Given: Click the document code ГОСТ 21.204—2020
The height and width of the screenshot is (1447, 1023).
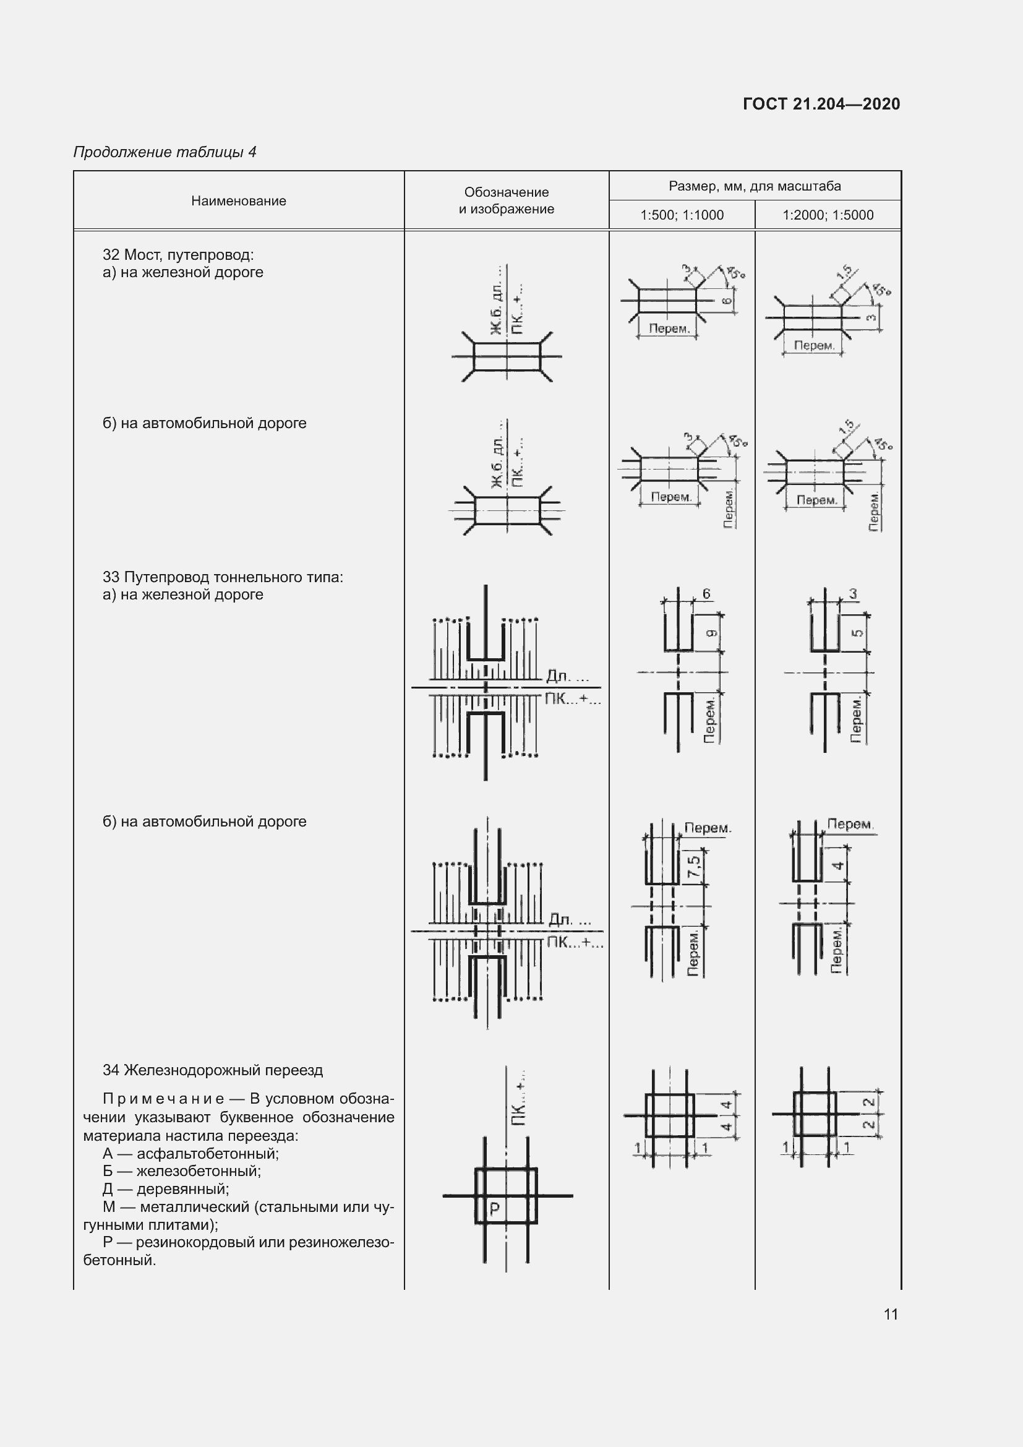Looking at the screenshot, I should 821,104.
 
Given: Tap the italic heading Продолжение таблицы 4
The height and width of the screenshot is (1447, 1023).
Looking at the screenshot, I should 165,152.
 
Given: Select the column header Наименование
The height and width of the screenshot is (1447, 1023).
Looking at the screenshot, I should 238,201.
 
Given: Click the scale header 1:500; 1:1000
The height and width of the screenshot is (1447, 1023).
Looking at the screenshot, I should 682,215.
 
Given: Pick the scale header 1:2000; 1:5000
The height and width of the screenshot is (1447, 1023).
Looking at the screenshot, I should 828,215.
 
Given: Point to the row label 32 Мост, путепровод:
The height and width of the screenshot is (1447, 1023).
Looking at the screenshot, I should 178,255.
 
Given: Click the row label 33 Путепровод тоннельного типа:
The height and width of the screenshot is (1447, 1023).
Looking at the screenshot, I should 223,577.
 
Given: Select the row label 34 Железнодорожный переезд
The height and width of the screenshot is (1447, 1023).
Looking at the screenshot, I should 212,1070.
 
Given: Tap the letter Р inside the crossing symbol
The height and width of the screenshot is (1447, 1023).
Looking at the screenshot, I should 495,1208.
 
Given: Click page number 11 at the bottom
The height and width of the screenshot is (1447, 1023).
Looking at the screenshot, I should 890,1314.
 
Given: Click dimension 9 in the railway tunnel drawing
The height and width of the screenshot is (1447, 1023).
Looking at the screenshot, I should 711,633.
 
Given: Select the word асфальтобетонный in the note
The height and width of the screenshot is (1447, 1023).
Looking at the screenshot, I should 207,1153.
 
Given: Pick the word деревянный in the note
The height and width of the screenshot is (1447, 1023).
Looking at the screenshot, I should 182,1188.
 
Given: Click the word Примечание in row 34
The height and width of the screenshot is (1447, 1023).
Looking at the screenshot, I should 163,1099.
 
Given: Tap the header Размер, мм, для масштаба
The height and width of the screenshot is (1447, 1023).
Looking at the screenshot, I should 755,186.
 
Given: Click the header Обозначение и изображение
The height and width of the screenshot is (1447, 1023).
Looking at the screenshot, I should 507,200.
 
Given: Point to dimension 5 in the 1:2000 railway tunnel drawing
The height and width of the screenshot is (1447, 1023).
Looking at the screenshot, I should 857,632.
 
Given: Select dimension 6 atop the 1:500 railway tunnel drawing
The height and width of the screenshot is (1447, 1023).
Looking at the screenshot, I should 706,594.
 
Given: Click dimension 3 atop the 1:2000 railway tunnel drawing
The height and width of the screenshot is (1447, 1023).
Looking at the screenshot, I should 853,594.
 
